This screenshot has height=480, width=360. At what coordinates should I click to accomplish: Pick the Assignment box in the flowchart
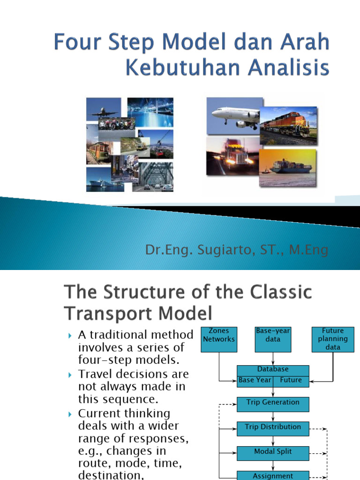273,475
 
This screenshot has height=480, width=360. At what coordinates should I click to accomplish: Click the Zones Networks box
219,339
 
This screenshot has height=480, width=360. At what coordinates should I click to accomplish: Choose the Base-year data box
273,339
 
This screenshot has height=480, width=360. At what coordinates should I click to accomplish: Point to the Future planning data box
333,339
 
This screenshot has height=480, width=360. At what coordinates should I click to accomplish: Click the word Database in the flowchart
273,370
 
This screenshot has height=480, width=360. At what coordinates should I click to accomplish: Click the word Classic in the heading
277,293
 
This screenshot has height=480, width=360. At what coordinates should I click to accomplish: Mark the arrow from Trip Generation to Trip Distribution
273,416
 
